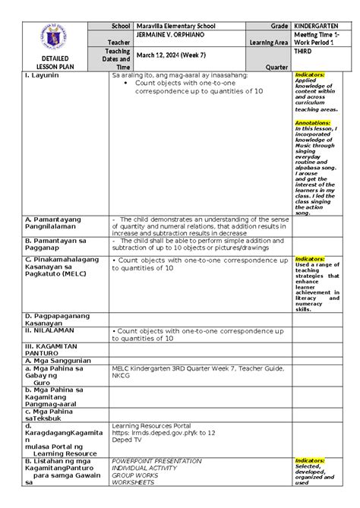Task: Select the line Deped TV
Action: tap(126, 440)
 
